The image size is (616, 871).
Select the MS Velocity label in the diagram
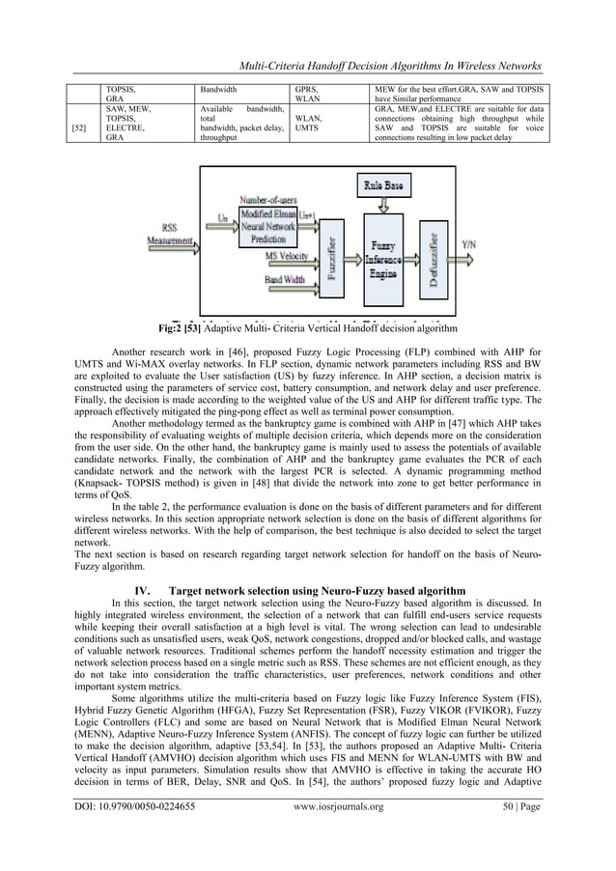point(287,256)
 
